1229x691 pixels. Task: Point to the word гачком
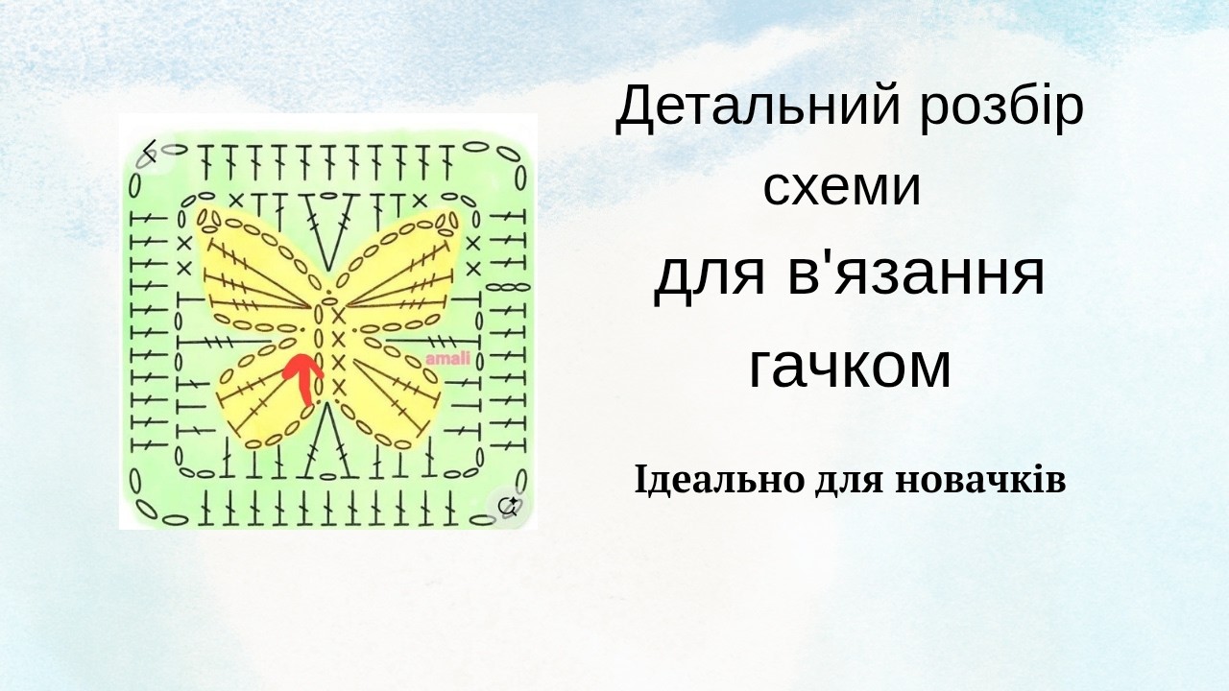[850, 366]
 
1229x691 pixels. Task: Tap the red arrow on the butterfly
[302, 377]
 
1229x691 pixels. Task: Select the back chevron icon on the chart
[149, 151]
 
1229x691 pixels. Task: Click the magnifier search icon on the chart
[508, 506]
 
